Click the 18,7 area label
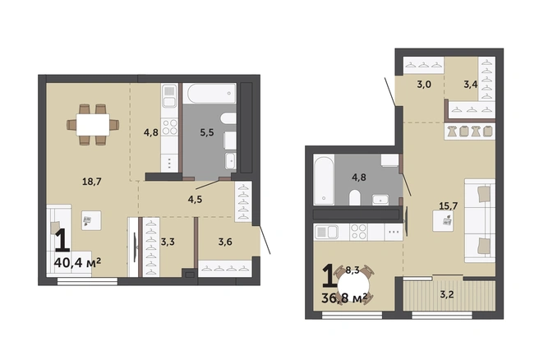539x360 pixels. pos(92,181)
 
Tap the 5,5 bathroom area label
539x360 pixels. pos(207,132)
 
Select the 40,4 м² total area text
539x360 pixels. pos(77,263)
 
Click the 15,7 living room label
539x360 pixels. pos(449,205)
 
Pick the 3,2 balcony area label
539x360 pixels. pos(447,294)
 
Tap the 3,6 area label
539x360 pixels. pos(225,242)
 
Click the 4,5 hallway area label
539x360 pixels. pos(195,200)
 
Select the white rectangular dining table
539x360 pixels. pos(93,124)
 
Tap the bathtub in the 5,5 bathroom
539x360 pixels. pos(210,93)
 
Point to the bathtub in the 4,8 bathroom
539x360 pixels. pos(324,179)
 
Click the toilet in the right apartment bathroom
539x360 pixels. pos(355,198)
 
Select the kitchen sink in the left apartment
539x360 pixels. pos(169,96)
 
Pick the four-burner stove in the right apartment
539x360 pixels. pos(358,232)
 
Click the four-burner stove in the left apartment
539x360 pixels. pos(169,127)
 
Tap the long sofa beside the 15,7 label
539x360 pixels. pos(480,220)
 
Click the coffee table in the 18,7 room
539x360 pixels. pos(91,220)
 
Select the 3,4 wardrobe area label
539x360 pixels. pos(471,84)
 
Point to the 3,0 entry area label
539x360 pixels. pos(424,84)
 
